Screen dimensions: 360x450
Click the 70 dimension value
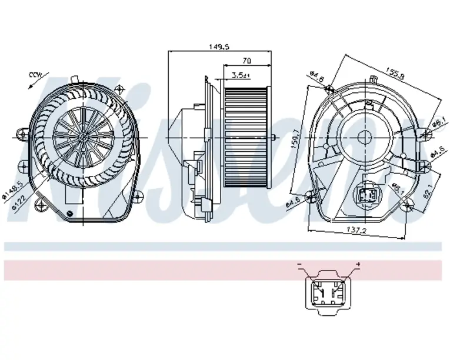pyautogui.click(x=246, y=61)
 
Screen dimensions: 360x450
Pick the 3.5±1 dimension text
pyautogui.click(x=241, y=75)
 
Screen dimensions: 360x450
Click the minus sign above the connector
pyautogui.click(x=299, y=266)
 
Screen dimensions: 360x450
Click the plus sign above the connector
pyautogui.click(x=358, y=266)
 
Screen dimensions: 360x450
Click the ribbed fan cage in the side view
pyautogui.click(x=246, y=136)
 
